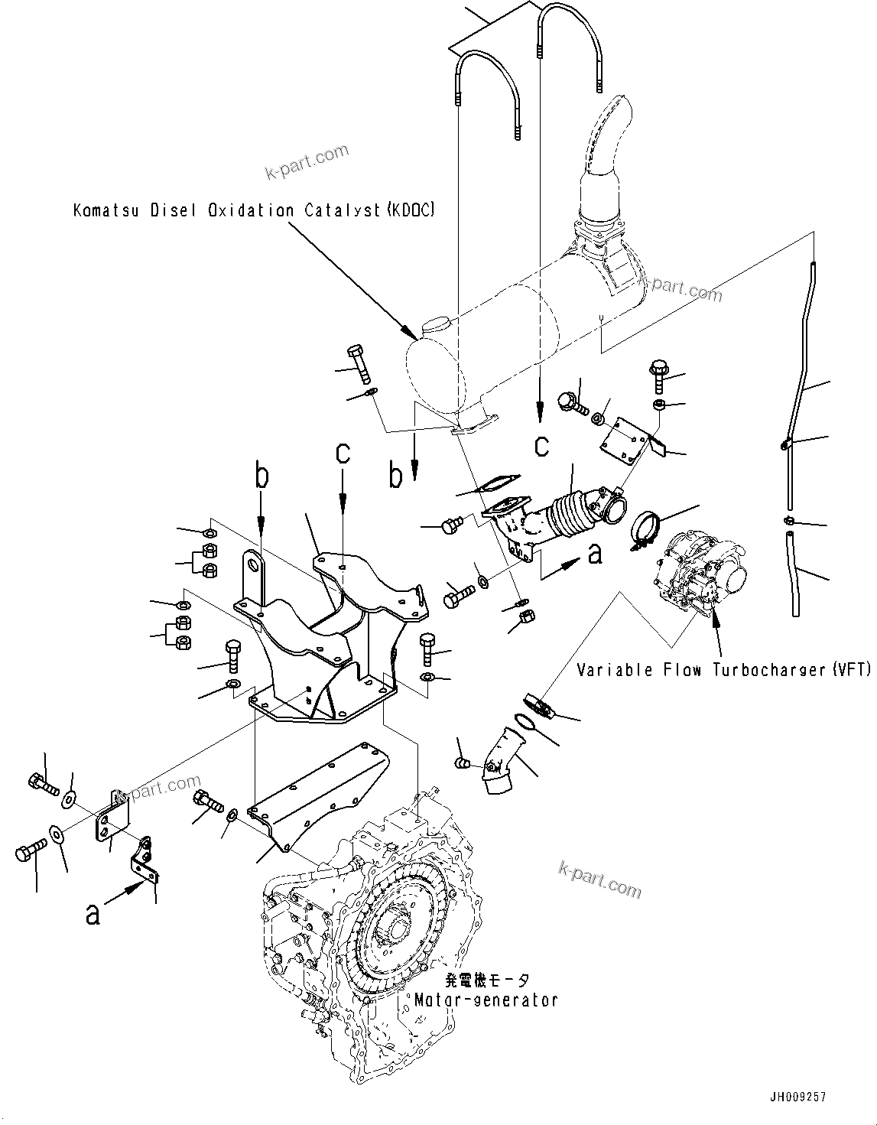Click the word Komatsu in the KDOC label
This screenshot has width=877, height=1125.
(x=106, y=210)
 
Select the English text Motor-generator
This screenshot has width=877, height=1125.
(x=486, y=1000)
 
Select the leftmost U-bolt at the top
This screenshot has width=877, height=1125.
(x=487, y=92)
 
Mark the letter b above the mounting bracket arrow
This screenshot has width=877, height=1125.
(x=261, y=476)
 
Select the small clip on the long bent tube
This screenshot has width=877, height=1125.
(x=784, y=444)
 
